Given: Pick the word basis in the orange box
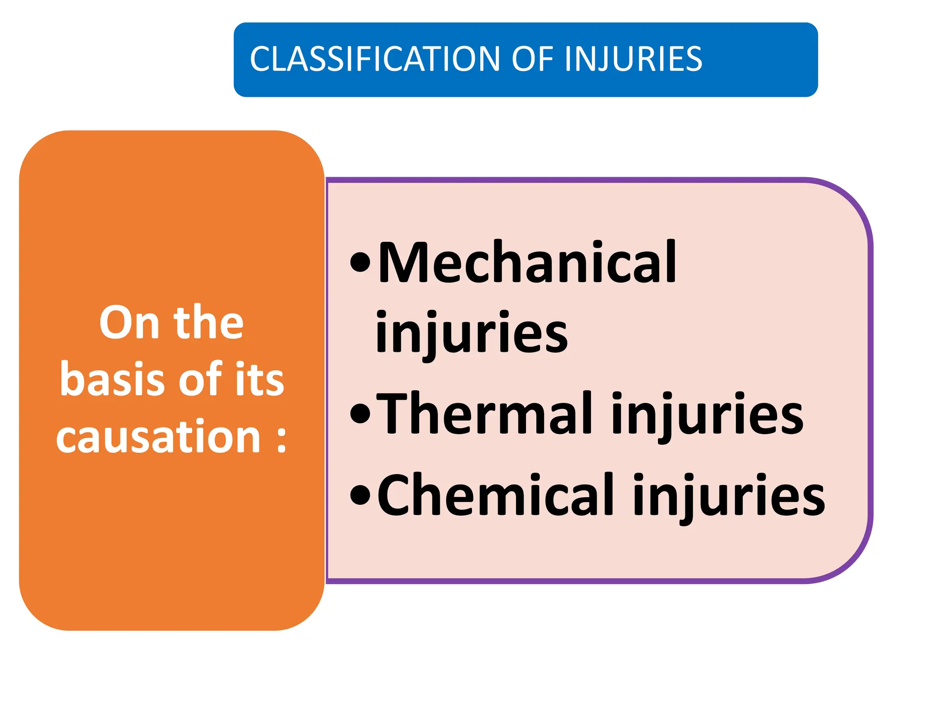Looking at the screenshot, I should click(x=112, y=379).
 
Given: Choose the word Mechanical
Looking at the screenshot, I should click(x=527, y=262).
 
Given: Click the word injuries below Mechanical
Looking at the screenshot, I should click(x=471, y=333).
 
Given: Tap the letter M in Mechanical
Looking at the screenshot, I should click(x=406, y=262).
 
